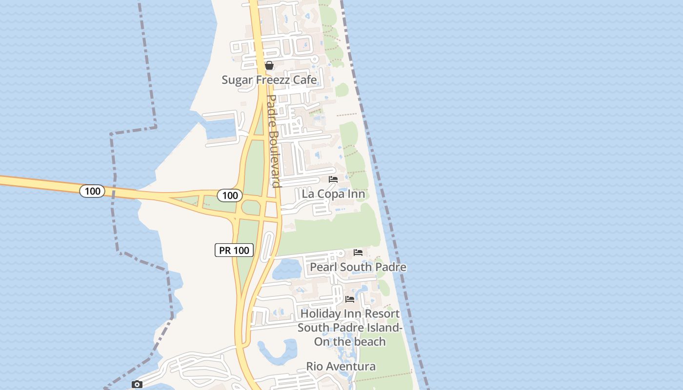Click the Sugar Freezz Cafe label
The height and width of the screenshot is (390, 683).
tap(269, 80)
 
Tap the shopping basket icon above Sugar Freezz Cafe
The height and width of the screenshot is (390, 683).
tap(269, 65)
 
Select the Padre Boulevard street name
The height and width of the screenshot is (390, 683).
tap(273, 141)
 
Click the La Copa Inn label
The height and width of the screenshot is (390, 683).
tap(333, 194)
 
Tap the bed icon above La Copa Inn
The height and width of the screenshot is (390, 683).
tap(333, 179)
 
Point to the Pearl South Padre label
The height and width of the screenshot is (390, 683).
tap(358, 267)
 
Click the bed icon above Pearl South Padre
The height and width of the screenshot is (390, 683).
tap(358, 253)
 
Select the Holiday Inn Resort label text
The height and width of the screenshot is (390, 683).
tap(350, 314)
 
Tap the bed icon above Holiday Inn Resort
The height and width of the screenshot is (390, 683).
tap(350, 299)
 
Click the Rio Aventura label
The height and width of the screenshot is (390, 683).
tap(341, 367)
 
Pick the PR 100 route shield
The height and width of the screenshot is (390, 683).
tap(234, 251)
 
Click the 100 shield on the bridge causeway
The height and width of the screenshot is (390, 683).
tap(92, 191)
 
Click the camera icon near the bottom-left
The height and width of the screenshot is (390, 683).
tap(137, 385)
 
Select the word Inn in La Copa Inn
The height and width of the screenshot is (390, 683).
tap(356, 194)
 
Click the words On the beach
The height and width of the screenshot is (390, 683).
tap(350, 342)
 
